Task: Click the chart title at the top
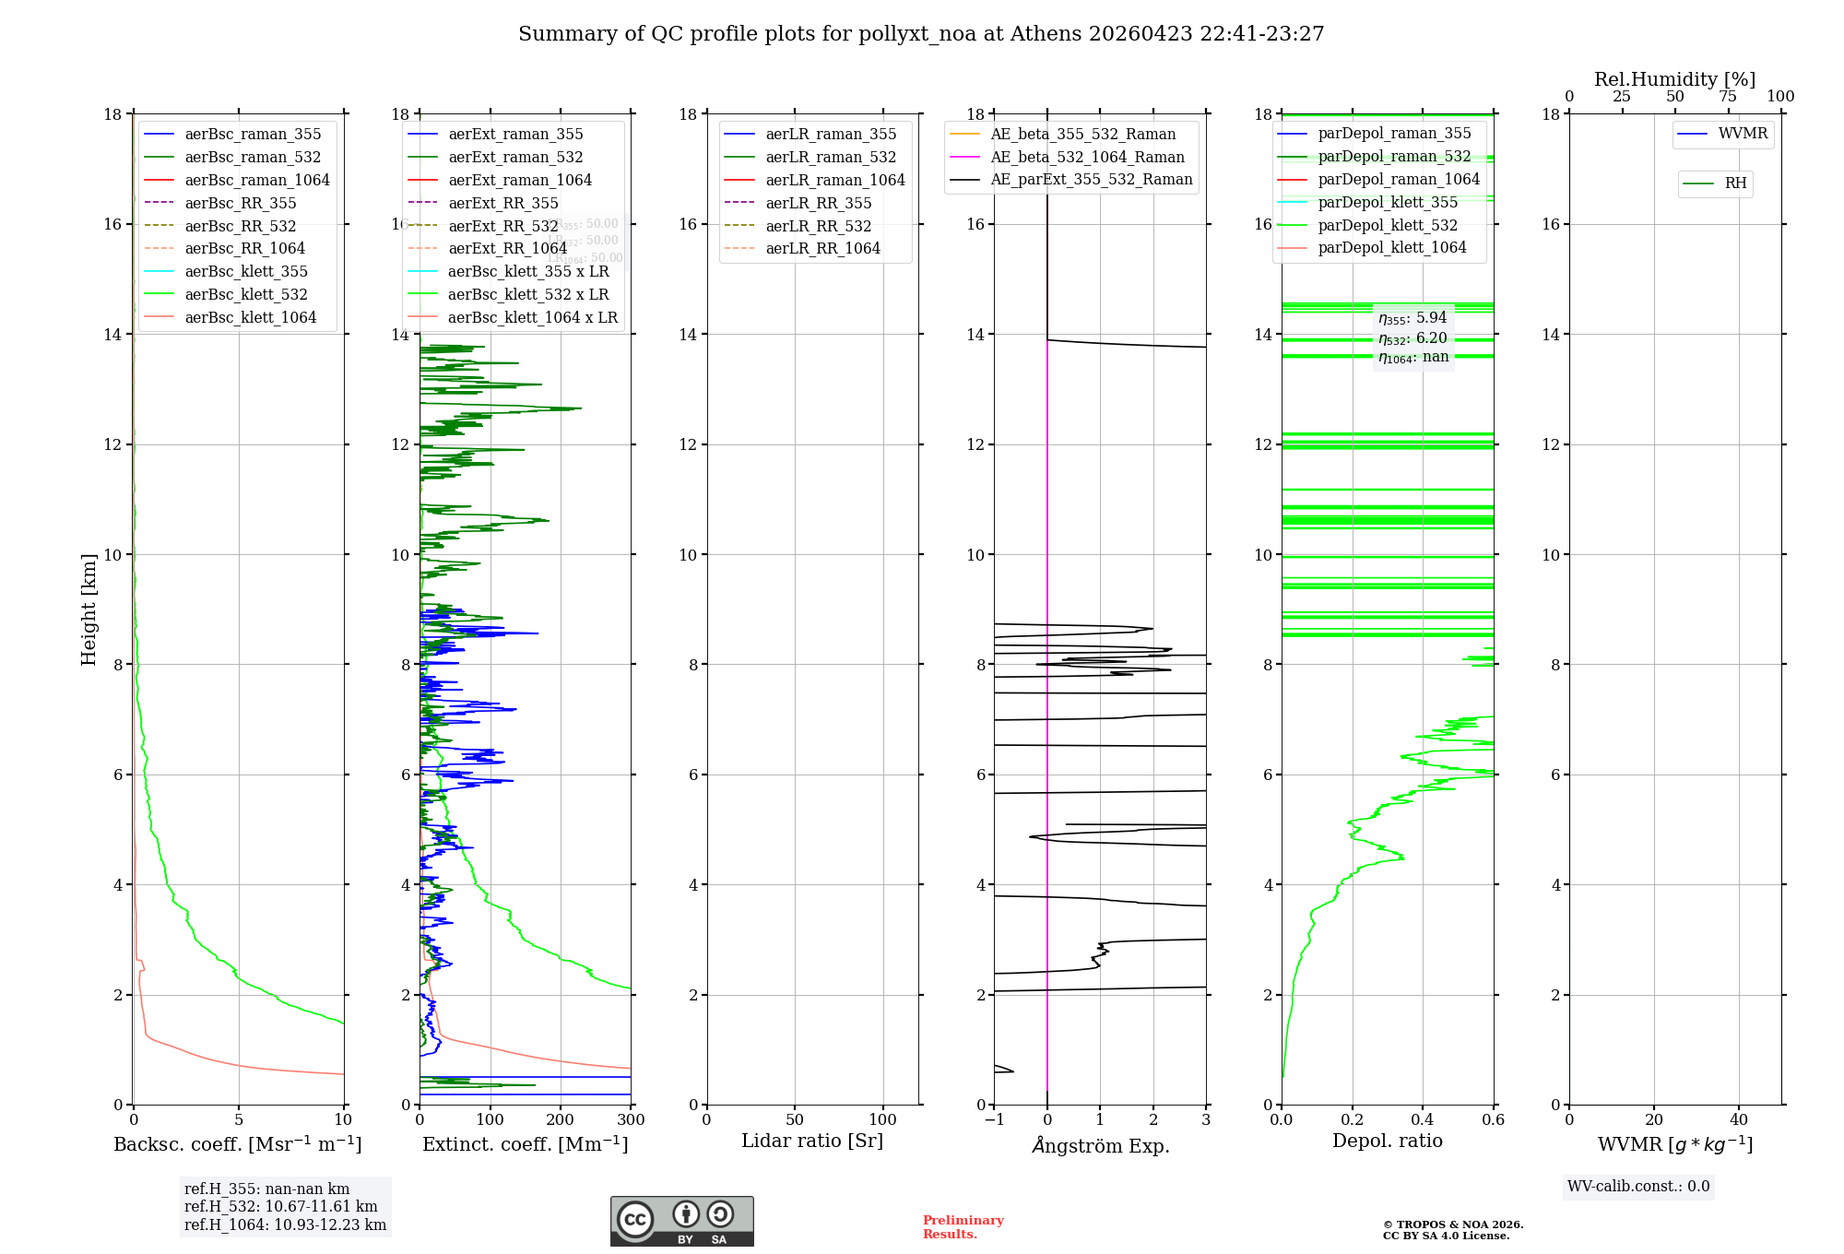[921, 34]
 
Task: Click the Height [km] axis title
[89, 609]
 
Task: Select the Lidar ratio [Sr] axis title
[812, 1142]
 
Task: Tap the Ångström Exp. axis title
[1100, 1145]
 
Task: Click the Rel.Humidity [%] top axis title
[1674, 79]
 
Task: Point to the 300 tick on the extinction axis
[631, 1120]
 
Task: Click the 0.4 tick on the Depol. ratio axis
[1423, 1120]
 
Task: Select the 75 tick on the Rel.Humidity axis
[1728, 97]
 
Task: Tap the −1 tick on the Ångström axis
[993, 1120]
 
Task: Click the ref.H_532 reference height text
[280, 1206]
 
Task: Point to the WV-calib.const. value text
[1638, 1187]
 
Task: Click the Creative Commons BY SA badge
[681, 1222]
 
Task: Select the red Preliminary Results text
[963, 1227]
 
